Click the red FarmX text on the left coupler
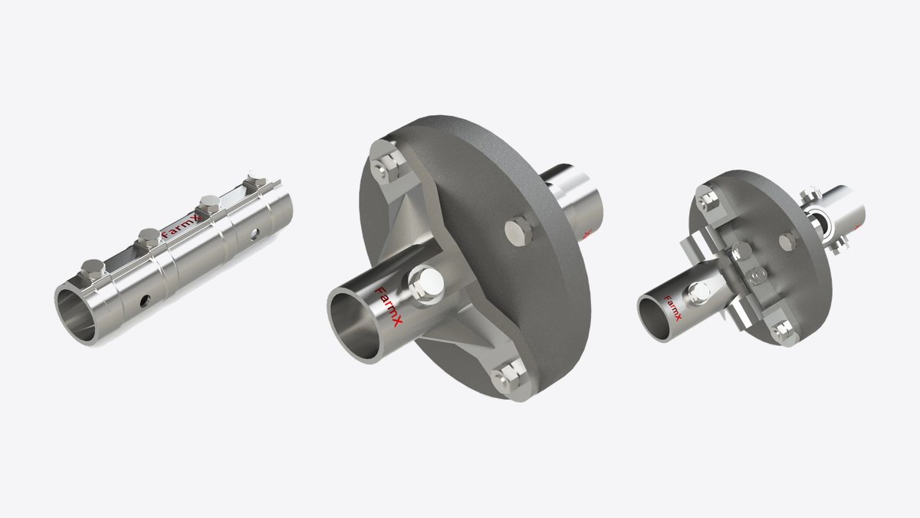pyautogui.click(x=181, y=226)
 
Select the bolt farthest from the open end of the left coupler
pyautogui.click(x=256, y=180)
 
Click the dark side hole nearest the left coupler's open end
pyautogui.click(x=146, y=302)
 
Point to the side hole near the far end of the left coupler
pyautogui.click(x=255, y=234)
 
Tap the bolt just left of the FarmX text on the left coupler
pyautogui.click(x=149, y=238)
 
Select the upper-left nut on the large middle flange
pyautogui.click(x=387, y=165)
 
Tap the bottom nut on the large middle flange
pyautogui.click(x=509, y=377)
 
